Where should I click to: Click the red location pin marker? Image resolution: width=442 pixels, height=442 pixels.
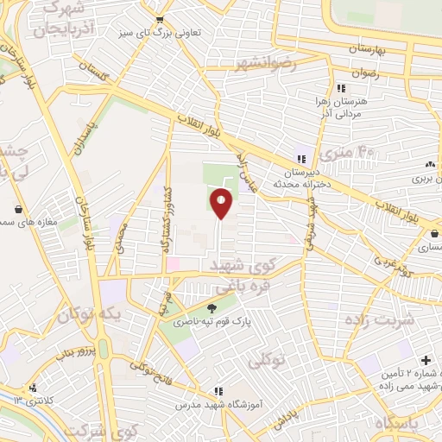[222, 204]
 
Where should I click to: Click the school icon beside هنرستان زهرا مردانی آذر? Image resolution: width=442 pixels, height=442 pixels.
[342, 89]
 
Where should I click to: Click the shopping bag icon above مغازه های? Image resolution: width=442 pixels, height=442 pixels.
[19, 208]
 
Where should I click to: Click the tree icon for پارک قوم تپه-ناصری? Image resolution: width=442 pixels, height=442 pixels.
[212, 307]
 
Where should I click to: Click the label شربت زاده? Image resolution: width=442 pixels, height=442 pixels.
[408, 318]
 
